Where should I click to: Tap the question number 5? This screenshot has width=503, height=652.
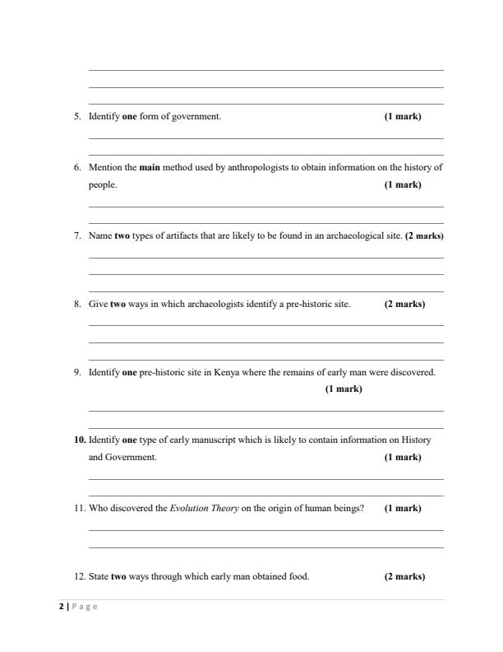(x=77, y=117)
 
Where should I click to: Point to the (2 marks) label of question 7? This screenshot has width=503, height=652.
(x=424, y=236)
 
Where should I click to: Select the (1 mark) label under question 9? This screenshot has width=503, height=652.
(x=344, y=389)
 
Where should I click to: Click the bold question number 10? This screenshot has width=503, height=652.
(x=80, y=440)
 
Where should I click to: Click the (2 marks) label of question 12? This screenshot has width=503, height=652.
(x=404, y=577)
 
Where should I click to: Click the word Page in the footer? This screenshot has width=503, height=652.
(x=84, y=607)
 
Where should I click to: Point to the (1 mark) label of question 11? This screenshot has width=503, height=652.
(x=403, y=509)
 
